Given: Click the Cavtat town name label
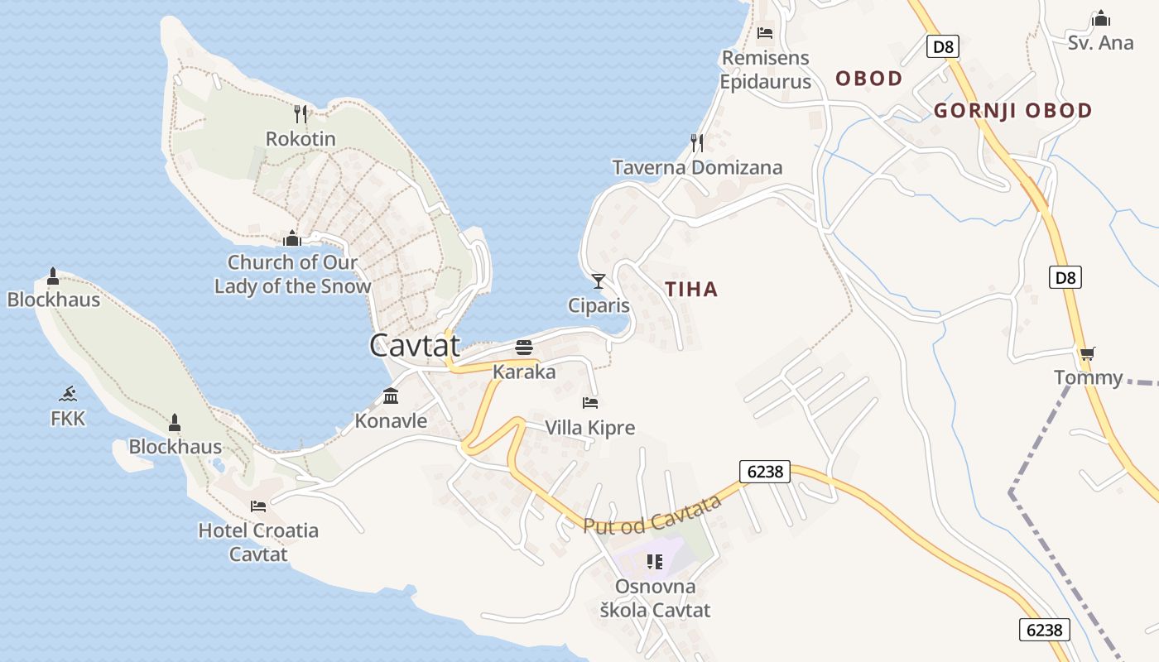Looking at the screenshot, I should [415, 345].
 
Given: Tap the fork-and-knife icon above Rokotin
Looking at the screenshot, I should [301, 114].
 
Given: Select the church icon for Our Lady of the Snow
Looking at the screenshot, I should [291, 238].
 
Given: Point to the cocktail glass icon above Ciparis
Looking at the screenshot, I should [599, 281].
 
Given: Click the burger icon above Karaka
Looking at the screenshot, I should [524, 347].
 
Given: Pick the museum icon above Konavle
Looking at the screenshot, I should [391, 396].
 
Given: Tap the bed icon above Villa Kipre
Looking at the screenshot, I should [590, 403].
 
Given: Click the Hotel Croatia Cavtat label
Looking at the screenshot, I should [258, 542].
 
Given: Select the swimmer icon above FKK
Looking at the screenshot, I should [68, 394].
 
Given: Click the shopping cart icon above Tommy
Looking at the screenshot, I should [1088, 353].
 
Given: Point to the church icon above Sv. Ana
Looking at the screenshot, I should [1101, 18].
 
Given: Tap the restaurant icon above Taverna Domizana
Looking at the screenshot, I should [697, 143].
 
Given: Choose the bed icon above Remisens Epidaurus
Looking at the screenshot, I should [765, 33].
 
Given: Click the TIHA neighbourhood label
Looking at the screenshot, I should [691, 290].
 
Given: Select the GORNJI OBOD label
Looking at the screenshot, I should [1012, 111].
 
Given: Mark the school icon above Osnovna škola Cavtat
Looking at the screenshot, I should [655, 562].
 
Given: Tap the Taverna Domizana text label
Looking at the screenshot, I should [697, 168].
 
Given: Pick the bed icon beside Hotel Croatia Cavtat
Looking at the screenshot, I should [258, 506].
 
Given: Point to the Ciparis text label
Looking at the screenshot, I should [599, 306].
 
